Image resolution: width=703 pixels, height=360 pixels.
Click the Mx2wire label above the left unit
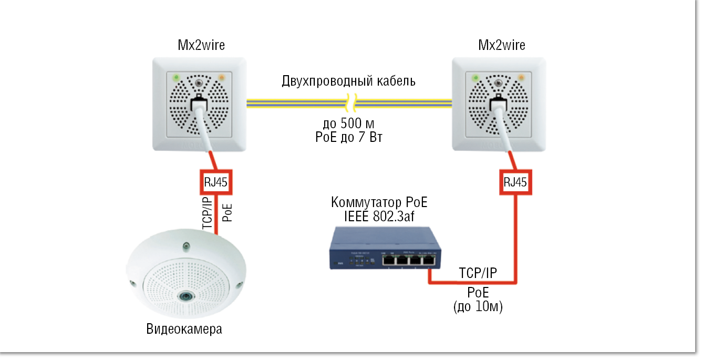(201, 45)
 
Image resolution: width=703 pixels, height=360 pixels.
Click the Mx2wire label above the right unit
(501, 45)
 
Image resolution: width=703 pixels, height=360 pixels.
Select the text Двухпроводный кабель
(349, 81)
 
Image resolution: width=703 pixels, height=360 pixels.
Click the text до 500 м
(348, 125)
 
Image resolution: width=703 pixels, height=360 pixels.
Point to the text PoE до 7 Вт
(349, 138)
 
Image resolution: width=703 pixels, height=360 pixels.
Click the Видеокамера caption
(184, 330)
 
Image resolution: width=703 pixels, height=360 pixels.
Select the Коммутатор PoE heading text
(379, 203)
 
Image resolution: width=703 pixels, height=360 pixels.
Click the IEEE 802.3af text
(379, 217)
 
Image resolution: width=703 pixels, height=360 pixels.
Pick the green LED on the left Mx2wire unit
(175, 78)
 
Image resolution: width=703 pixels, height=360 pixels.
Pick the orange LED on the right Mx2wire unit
(521, 78)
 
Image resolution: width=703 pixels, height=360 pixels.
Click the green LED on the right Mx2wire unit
(476, 78)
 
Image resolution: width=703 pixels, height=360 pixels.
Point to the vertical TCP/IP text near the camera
(207, 212)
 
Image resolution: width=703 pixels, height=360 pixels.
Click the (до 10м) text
(478, 307)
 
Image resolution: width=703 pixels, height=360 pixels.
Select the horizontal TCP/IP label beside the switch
(478, 273)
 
